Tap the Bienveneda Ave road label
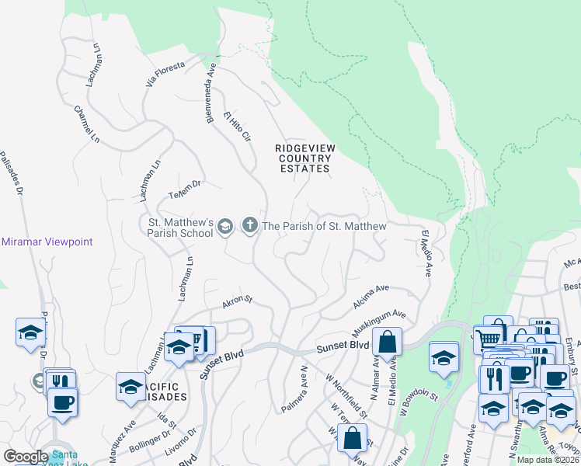208,89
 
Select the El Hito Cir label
237,127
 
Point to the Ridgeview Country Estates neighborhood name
304,158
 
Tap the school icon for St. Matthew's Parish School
224,226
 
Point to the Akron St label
238,301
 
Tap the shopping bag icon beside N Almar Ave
386,341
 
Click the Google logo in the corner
26,456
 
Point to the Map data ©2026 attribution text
548,460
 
